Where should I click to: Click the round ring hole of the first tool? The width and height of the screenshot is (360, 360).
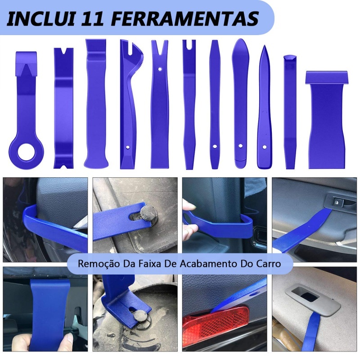[27, 152]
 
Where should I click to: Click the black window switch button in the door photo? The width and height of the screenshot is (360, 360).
[337, 202]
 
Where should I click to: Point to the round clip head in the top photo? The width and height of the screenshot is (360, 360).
[148, 213]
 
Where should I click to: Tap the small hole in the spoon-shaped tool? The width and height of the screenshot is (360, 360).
[241, 146]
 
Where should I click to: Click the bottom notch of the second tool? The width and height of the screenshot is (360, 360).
[63, 165]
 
